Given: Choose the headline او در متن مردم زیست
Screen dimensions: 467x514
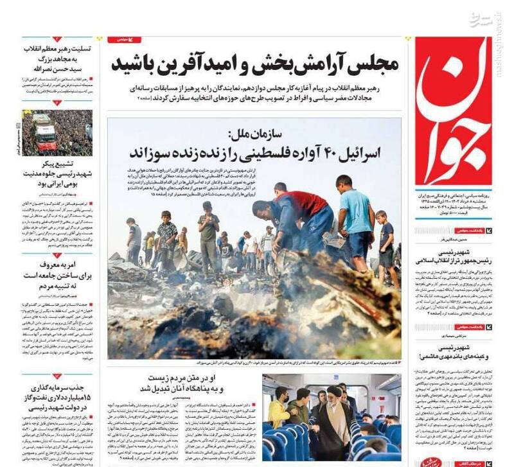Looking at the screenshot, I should coord(180,383).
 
